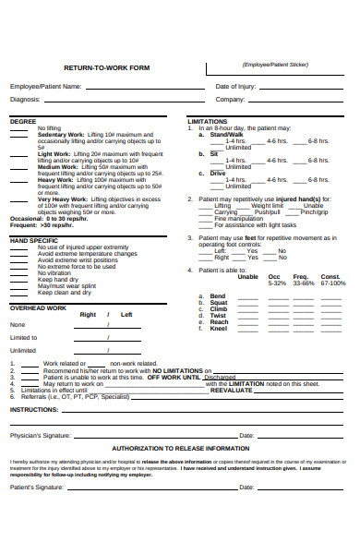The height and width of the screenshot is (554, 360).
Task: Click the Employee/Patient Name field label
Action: click(x=45, y=86)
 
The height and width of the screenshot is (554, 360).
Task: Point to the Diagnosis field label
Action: click(x=25, y=99)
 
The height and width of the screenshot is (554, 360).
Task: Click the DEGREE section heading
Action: click(x=23, y=121)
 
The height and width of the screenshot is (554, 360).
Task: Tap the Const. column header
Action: click(x=330, y=276)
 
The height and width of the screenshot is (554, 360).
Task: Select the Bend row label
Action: click(x=219, y=295)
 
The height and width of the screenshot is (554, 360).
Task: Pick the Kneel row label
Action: click(x=219, y=328)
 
